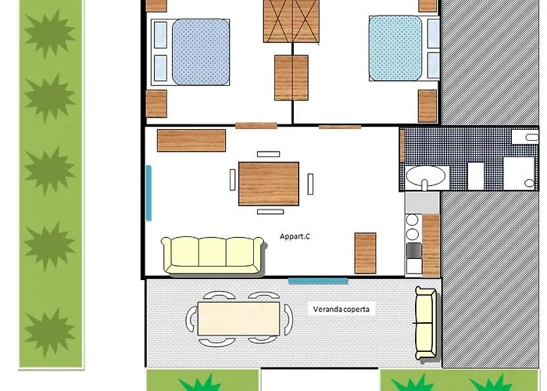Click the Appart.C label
click(295, 236)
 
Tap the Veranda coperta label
click(341, 310)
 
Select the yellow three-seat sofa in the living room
click(213, 255)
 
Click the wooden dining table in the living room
click(269, 184)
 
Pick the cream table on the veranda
click(238, 319)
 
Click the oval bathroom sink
click(426, 176)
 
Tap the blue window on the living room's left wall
click(148, 193)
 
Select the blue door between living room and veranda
click(318, 281)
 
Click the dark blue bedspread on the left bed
click(201, 52)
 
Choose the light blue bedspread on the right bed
click(395, 48)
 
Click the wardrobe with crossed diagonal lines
click(291, 21)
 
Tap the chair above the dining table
click(268, 154)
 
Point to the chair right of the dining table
click(310, 184)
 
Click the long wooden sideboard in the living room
click(191, 140)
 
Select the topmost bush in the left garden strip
click(49, 34)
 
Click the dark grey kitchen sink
click(414, 250)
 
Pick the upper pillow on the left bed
click(160, 35)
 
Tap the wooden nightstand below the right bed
click(427, 106)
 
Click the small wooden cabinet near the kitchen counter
click(365, 253)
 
